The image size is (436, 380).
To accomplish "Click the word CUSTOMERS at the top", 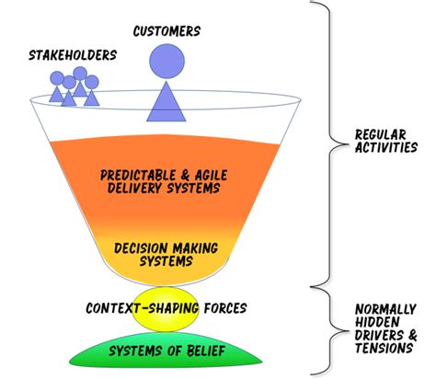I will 167,31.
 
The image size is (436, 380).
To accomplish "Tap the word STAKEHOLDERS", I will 73,55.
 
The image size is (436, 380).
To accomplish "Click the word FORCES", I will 225,307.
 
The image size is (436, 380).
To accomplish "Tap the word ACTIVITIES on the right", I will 386,147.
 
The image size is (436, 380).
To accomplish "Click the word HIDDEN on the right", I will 376,322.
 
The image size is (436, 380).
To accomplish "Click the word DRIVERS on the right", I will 377,336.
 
